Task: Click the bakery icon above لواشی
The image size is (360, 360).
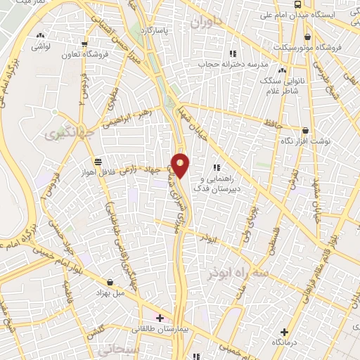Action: point(40,35)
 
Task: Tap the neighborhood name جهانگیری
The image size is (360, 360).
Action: point(64,134)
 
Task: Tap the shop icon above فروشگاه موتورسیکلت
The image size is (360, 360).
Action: point(308,37)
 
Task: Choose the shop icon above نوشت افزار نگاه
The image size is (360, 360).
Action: point(305,131)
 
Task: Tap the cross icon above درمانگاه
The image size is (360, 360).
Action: point(284,332)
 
